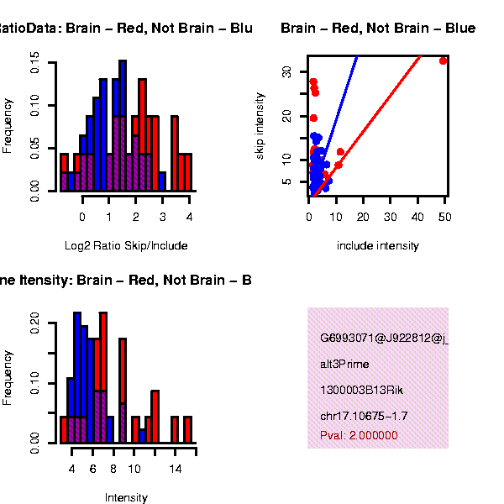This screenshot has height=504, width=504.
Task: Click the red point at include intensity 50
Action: click(444, 60)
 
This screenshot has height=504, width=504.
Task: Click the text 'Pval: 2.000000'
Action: click(359, 435)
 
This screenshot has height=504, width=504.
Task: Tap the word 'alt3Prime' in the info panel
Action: click(344, 365)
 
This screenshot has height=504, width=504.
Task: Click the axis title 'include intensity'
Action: click(377, 246)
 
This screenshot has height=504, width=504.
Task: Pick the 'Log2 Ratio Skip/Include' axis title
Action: click(126, 246)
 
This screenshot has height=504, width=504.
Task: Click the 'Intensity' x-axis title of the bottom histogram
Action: click(126, 497)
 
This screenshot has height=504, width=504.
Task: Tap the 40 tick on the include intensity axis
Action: click(417, 217)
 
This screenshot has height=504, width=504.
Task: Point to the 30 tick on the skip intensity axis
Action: click(287, 72)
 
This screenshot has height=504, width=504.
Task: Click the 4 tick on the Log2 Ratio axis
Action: click(189, 217)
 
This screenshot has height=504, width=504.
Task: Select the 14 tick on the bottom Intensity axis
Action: click(175, 468)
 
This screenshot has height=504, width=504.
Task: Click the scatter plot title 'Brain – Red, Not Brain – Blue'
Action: click(378, 29)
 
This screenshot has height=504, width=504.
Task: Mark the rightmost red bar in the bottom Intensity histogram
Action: click(188, 429)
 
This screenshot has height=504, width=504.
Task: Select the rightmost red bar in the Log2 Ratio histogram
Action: click(188, 171)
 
